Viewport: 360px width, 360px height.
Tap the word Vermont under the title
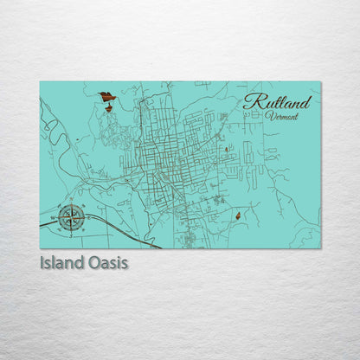(x=283, y=116)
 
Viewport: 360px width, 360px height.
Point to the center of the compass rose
(x=72, y=217)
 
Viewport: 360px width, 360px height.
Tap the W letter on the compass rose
(x=56, y=217)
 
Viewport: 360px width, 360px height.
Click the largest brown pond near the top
(x=106, y=97)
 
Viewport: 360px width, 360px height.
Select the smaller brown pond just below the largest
(x=108, y=108)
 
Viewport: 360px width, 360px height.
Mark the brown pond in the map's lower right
(x=237, y=215)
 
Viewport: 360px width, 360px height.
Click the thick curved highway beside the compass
(x=121, y=228)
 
